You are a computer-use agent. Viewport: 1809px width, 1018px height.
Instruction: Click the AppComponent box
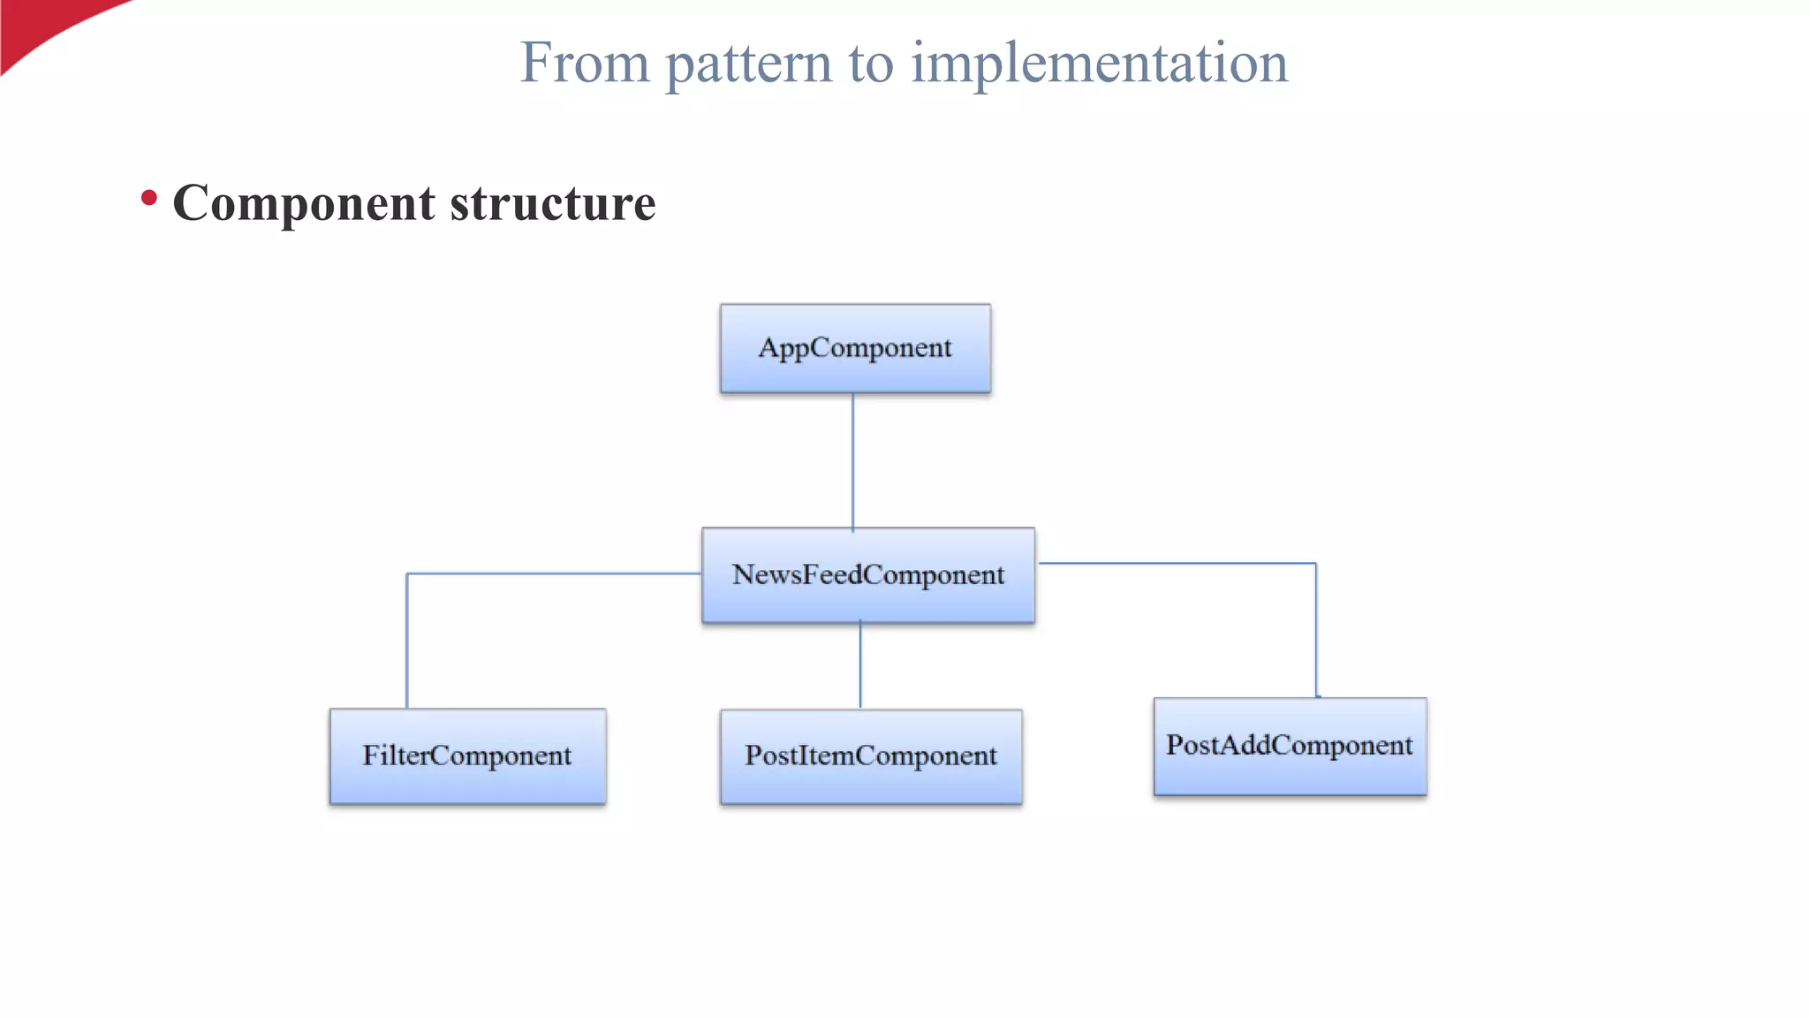(855, 348)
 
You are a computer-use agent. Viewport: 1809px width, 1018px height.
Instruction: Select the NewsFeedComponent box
(868, 575)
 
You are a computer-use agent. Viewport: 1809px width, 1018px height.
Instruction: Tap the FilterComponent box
(467, 756)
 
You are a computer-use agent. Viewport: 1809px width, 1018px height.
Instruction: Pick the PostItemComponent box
(871, 756)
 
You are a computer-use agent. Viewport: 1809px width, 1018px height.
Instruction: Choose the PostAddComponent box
(1290, 747)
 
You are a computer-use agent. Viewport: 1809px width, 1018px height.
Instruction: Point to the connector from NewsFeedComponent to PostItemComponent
(860, 665)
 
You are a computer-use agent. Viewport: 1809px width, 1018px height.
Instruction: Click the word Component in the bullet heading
(303, 203)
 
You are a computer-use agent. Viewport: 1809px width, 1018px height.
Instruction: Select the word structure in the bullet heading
(553, 203)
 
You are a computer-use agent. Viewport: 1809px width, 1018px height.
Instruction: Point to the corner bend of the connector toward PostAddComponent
(1315, 564)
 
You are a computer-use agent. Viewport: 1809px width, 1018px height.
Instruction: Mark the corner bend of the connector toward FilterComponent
(407, 574)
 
